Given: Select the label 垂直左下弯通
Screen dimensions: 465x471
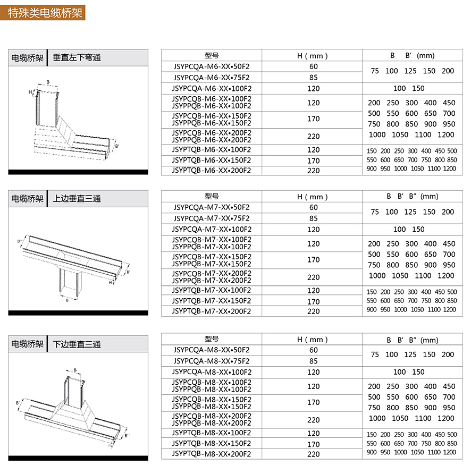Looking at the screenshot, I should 77,57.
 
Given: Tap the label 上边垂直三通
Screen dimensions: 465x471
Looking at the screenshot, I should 77,199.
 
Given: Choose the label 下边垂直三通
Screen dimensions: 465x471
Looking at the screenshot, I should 77,344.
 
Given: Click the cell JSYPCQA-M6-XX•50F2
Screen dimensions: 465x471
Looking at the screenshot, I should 212,66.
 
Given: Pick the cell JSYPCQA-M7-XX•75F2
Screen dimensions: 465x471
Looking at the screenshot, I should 212,218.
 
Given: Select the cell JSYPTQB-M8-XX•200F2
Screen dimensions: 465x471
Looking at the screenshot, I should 212,454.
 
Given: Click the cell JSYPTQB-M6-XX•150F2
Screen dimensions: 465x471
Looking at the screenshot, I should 212,160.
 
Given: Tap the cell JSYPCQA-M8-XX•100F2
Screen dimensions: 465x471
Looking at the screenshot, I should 212,372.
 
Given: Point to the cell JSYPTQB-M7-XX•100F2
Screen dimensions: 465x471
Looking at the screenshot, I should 212,290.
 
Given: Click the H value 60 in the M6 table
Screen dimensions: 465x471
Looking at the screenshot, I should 313,66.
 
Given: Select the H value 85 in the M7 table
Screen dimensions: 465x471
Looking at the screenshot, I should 313,218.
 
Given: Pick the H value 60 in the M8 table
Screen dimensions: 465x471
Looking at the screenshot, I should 313,350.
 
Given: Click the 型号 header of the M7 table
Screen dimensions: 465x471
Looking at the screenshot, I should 212,197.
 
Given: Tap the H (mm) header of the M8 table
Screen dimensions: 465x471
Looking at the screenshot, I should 313,340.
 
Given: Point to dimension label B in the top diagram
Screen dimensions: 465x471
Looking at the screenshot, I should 48,82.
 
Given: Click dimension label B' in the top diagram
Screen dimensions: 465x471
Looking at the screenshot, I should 117,145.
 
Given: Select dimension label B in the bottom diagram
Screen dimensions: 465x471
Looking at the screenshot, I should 75,370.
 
